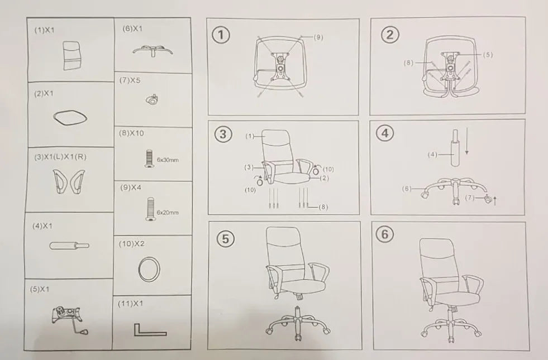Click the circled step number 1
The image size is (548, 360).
pos(221,35)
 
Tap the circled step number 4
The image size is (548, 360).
pos(385,133)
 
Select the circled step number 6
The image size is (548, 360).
pos(384,234)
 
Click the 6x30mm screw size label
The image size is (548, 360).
pos(168,160)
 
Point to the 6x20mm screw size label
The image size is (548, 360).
pos(168,212)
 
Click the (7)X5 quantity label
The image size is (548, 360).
pos(130,80)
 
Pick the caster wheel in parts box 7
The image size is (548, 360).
pos(152,100)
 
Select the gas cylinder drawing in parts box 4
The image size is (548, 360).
pos(69,246)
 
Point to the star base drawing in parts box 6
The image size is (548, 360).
pos(153,50)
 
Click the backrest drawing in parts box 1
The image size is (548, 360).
pos(72,55)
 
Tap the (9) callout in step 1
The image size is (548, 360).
pos(318,37)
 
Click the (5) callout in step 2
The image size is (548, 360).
pos(488,55)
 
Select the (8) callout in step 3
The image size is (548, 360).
pos(323,207)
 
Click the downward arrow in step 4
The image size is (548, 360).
pos(466,143)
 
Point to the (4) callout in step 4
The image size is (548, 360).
pos(432,154)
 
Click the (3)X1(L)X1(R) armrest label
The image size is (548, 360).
pos(60,157)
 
